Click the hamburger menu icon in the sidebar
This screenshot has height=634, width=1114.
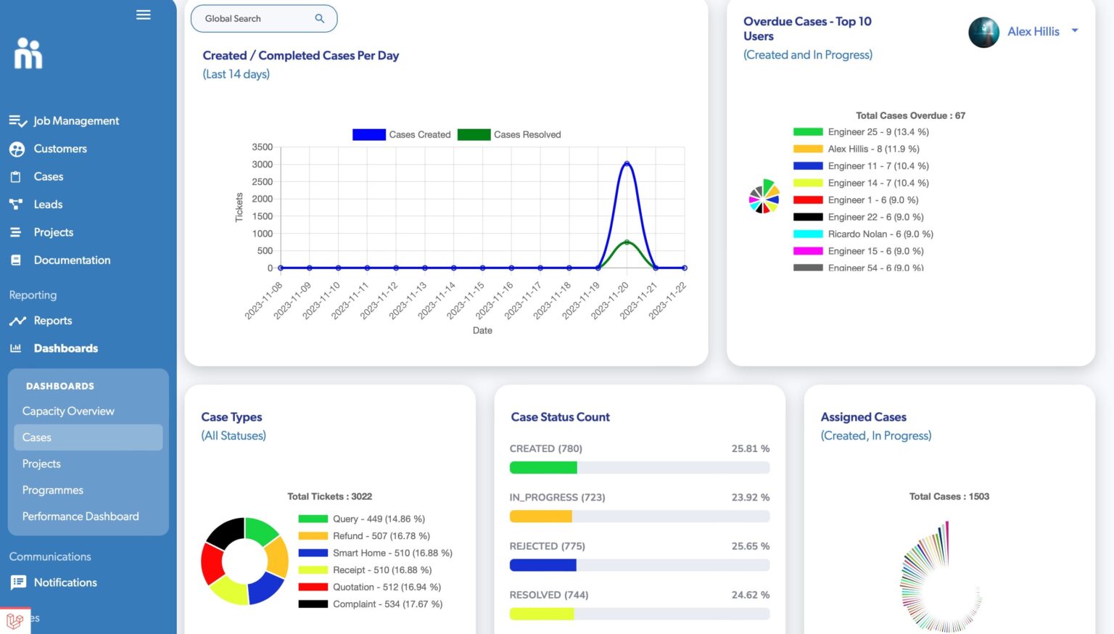pyautogui.click(x=144, y=15)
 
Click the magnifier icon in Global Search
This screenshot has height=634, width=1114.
pyautogui.click(x=319, y=19)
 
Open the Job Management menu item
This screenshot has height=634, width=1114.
pyautogui.click(x=75, y=121)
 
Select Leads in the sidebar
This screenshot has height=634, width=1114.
pyautogui.click(x=48, y=205)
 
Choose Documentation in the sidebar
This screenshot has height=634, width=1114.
pyautogui.click(x=72, y=260)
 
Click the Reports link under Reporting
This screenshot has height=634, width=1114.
pyautogui.click(x=52, y=321)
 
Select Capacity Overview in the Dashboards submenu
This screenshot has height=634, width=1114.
pyautogui.click(x=68, y=411)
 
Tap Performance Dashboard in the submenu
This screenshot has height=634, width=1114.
pyautogui.click(x=81, y=516)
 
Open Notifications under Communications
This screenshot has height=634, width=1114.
pyautogui.click(x=65, y=582)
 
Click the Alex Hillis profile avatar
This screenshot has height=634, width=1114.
pyautogui.click(x=983, y=32)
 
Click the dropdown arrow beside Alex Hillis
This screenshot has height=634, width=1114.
pyautogui.click(x=1075, y=31)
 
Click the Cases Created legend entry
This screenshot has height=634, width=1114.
pyautogui.click(x=402, y=135)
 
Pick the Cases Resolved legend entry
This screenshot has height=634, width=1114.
pyautogui.click(x=509, y=135)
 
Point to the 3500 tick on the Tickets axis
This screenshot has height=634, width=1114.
pyautogui.click(x=262, y=147)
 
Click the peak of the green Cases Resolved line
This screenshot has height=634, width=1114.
pyautogui.click(x=627, y=242)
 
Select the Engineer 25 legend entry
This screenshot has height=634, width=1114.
pyautogui.click(x=861, y=132)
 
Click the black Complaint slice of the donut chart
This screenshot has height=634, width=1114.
pyautogui.click(x=226, y=533)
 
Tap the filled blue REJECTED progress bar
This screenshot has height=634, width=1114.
pyautogui.click(x=542, y=565)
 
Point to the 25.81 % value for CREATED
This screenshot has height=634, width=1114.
pyautogui.click(x=750, y=449)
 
